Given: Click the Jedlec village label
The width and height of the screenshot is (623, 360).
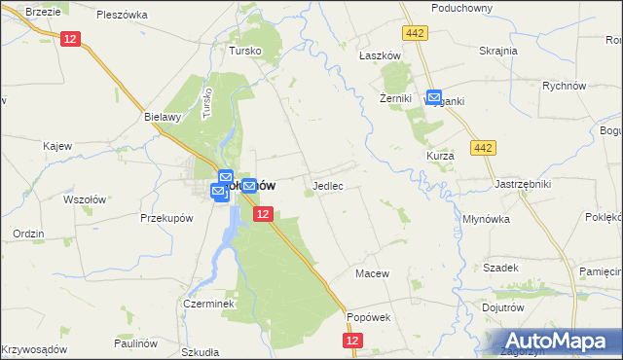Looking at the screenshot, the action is pyautogui.click(x=327, y=185).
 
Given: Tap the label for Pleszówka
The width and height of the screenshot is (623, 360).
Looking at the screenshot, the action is pyautogui.click(x=122, y=16).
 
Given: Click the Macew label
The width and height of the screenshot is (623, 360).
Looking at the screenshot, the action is pyautogui.click(x=372, y=273).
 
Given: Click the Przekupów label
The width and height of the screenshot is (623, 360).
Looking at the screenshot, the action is pyautogui.click(x=163, y=219).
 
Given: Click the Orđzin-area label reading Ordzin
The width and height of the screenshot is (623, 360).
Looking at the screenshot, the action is pyautogui.click(x=28, y=234).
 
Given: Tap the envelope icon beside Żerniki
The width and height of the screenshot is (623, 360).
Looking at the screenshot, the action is pyautogui.click(x=433, y=98).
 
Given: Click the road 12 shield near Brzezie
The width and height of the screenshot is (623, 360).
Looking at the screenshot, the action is pyautogui.click(x=69, y=39).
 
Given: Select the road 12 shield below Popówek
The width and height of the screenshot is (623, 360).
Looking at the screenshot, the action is pyautogui.click(x=352, y=341).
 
